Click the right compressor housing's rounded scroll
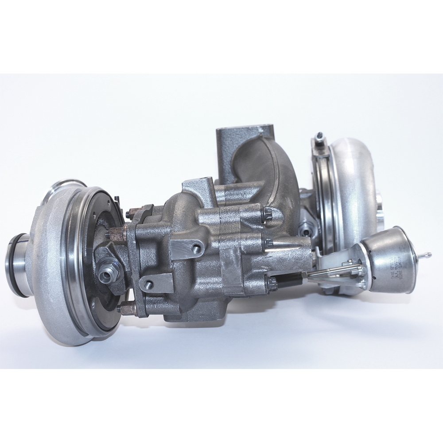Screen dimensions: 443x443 tap(354, 186)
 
